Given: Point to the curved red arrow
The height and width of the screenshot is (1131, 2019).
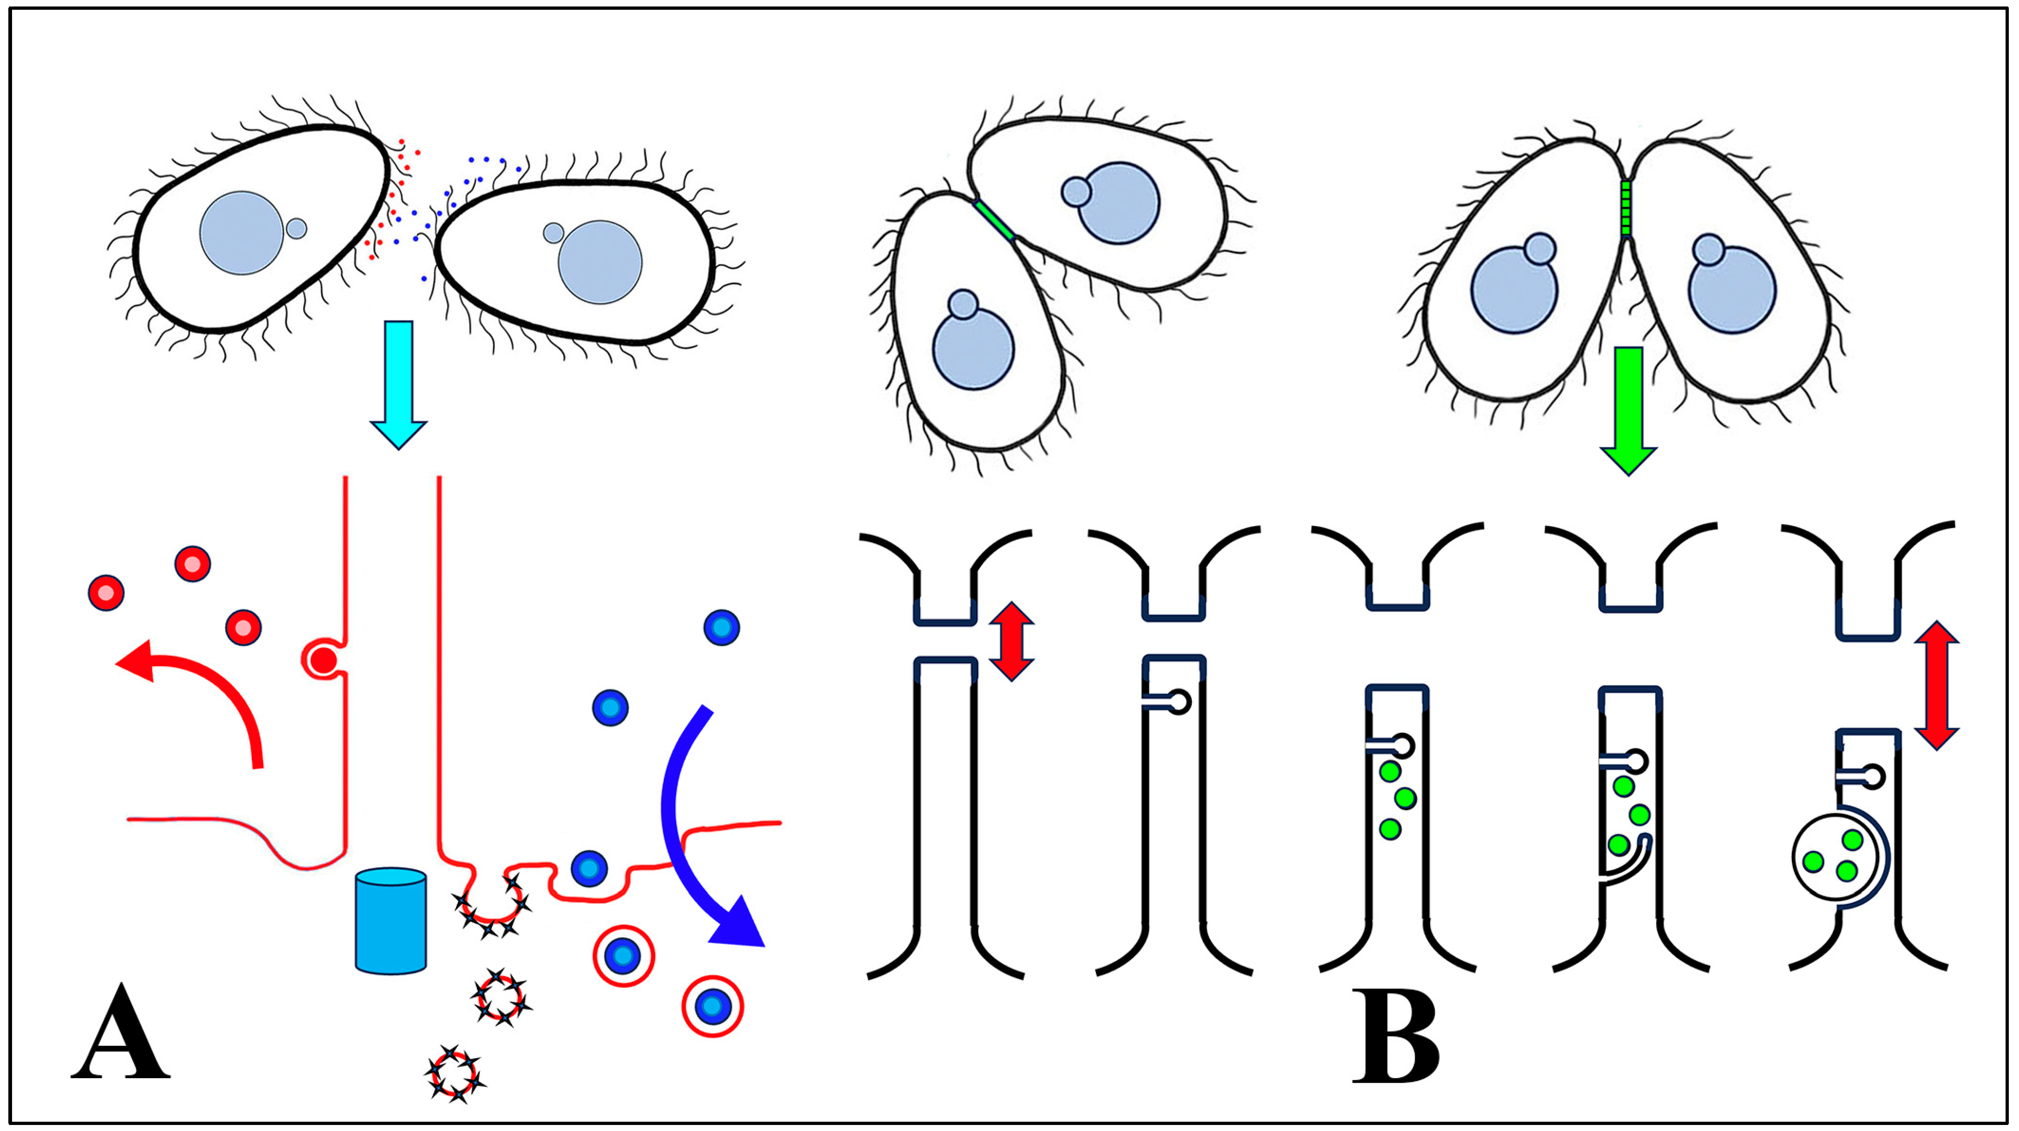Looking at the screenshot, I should [204, 690].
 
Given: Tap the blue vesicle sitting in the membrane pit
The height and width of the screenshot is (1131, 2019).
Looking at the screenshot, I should [589, 869].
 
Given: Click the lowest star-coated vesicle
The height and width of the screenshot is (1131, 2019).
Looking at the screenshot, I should [453, 1074].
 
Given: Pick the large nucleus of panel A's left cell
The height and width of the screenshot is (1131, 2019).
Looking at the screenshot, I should [241, 233].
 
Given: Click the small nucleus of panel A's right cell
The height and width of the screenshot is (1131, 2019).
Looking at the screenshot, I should [553, 232].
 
